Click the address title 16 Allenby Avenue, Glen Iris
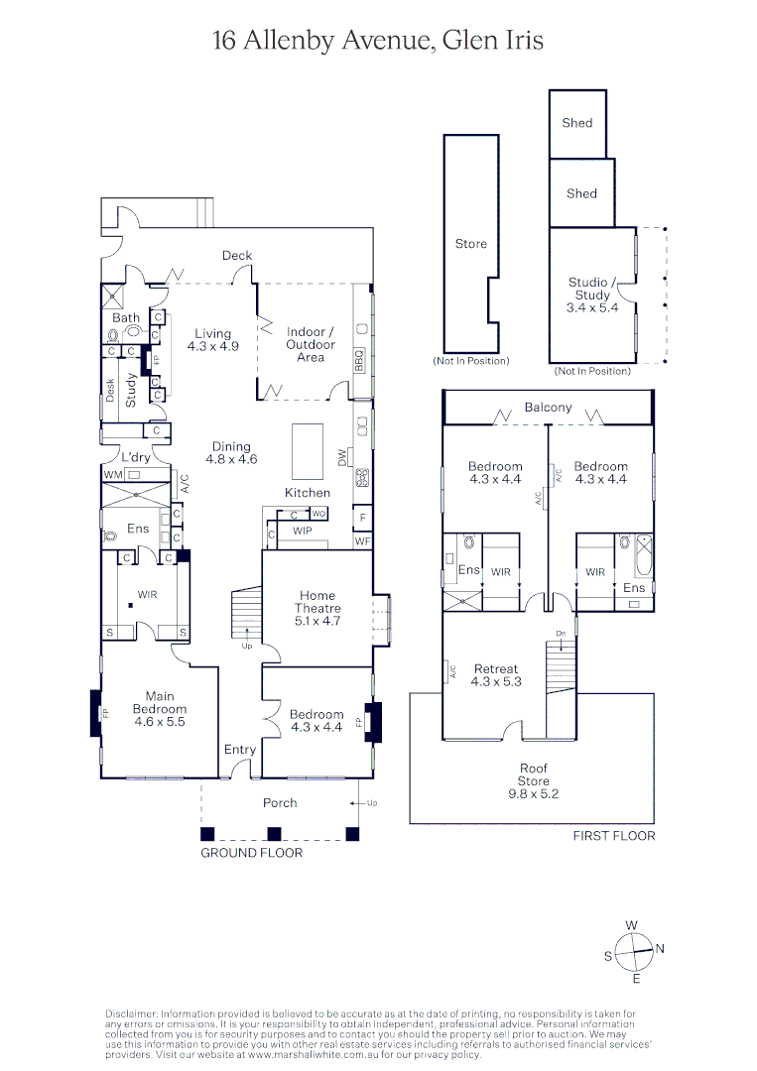(x=378, y=41)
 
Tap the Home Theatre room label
(x=317, y=608)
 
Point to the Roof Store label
(x=533, y=774)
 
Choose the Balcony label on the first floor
(x=548, y=408)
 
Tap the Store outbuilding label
(x=470, y=244)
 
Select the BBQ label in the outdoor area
(x=359, y=359)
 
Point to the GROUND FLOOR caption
(x=251, y=853)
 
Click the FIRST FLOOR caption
(x=613, y=836)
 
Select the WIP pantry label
(x=302, y=532)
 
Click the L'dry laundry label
(x=135, y=457)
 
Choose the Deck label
(x=236, y=256)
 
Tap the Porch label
(x=279, y=802)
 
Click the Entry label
(x=239, y=750)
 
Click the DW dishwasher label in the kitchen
(x=343, y=457)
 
